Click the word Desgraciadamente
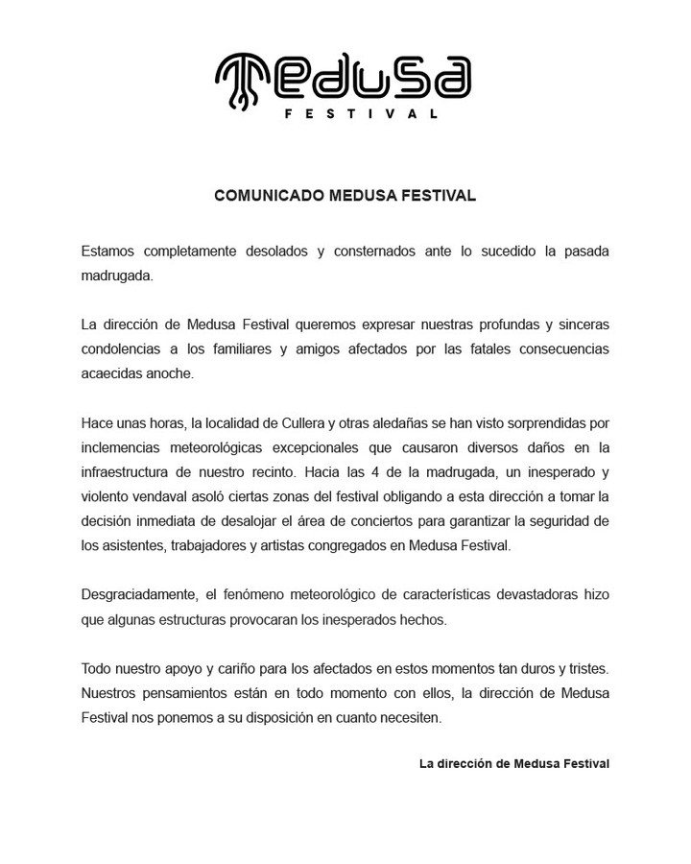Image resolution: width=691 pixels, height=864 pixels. (140, 595)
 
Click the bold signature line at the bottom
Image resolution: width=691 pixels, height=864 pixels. (513, 764)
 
